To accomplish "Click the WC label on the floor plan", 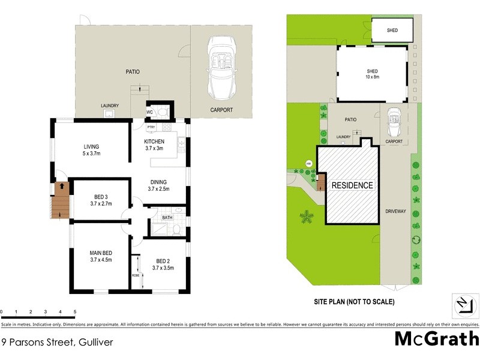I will (149, 112).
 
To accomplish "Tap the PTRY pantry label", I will (151, 127).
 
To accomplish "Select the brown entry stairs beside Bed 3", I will (59, 200).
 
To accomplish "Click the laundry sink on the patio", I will (110, 114).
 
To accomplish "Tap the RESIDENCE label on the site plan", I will (352, 185).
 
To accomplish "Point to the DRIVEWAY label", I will (395, 211).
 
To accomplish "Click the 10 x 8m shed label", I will (373, 74).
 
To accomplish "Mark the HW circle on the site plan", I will (309, 163).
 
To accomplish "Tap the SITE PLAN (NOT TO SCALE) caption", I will (355, 301).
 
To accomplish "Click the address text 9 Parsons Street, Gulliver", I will (58, 343).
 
